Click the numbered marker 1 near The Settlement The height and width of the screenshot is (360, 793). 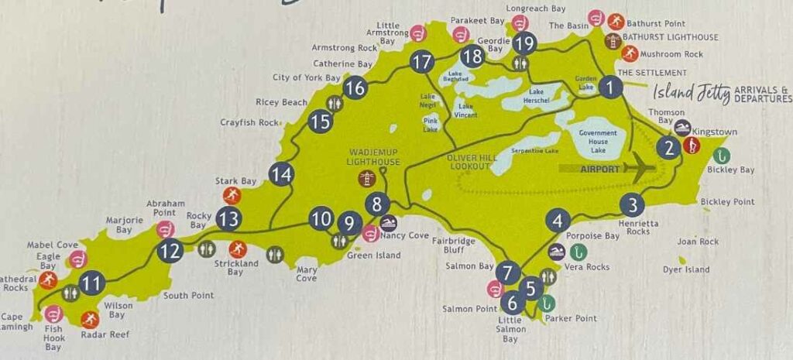[611, 87]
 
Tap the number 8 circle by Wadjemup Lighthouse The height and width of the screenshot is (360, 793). [377, 205]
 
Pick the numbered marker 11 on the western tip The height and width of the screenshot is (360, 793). [92, 283]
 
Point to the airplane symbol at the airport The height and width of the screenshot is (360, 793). [640, 166]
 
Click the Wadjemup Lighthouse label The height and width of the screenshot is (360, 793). [374, 156]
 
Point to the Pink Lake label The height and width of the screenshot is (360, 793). [431, 124]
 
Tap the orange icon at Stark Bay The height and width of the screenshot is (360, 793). [230, 194]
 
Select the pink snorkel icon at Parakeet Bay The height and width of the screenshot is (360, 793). [462, 35]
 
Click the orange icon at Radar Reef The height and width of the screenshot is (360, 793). [91, 319]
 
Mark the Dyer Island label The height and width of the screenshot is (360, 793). [685, 269]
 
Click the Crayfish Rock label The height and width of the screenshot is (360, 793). [249, 122]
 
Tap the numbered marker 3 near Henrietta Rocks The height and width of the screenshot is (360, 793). [633, 205]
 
